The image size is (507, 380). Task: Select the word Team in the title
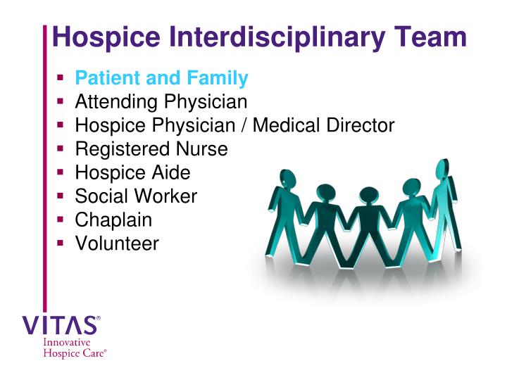pos(432,37)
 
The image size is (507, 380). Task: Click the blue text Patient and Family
pos(161,78)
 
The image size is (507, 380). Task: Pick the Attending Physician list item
pos(161,102)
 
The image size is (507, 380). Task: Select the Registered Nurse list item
pos(151,149)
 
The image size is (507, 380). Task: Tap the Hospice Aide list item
pos(132,172)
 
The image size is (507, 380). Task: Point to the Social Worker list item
pos(136,196)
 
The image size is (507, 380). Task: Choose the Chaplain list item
pos(113,220)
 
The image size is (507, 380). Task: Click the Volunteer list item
pos(117,243)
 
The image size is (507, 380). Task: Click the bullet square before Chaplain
pos(61,220)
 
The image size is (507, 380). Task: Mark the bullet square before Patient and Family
pos(61,78)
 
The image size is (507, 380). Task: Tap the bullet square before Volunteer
pos(61,244)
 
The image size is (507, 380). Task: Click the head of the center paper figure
pos(368,196)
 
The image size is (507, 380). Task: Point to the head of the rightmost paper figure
pos(443,169)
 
